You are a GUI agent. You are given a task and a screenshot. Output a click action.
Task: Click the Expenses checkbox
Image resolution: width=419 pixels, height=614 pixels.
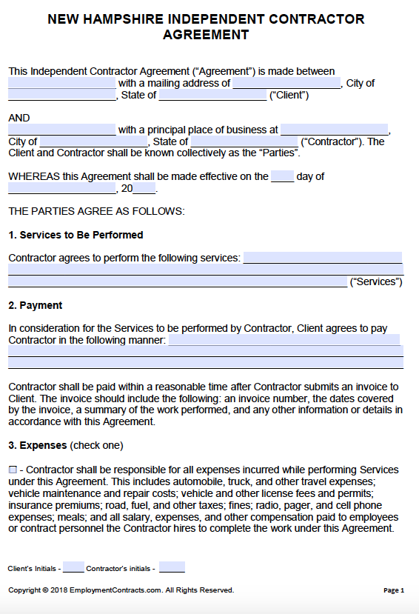pos(13,470)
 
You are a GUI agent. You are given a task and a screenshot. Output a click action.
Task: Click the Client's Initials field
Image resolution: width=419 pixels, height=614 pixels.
pos(73,568)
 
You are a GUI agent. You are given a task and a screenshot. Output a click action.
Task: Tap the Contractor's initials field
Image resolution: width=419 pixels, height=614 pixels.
pos(172,568)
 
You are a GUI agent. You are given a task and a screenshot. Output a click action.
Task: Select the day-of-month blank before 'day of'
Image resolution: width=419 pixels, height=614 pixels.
pos(282,176)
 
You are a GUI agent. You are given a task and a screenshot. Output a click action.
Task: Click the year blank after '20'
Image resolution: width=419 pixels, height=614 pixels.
pos(144,188)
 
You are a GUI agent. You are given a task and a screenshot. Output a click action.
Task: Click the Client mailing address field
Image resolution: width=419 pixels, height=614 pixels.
pos(286,83)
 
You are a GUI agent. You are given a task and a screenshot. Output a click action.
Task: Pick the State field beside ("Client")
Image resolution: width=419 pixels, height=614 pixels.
pos(212,95)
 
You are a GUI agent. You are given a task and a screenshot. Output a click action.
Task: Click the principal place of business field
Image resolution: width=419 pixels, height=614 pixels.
pos(334,130)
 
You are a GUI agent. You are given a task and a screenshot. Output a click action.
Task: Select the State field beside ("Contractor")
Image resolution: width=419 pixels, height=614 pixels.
pos(244,141)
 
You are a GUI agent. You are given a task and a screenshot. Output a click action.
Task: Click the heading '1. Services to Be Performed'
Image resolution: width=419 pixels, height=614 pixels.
pos(76,235)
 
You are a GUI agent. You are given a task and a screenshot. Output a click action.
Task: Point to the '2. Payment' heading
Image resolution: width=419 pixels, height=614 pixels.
pos(36,305)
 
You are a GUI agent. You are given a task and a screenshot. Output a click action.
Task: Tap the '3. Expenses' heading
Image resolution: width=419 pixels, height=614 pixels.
pos(38,446)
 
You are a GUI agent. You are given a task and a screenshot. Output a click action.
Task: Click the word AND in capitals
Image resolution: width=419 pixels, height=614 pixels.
pos(19,118)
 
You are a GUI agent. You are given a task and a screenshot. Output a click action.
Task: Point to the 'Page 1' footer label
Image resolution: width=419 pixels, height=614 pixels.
pos(394,590)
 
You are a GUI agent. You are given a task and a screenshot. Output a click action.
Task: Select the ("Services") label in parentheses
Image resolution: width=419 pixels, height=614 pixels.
pos(376,281)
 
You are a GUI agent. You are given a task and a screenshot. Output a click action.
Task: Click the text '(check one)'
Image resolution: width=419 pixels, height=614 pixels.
pos(96,446)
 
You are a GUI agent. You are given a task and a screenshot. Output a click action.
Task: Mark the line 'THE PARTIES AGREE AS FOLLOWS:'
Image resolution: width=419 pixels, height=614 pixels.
pos(96,211)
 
